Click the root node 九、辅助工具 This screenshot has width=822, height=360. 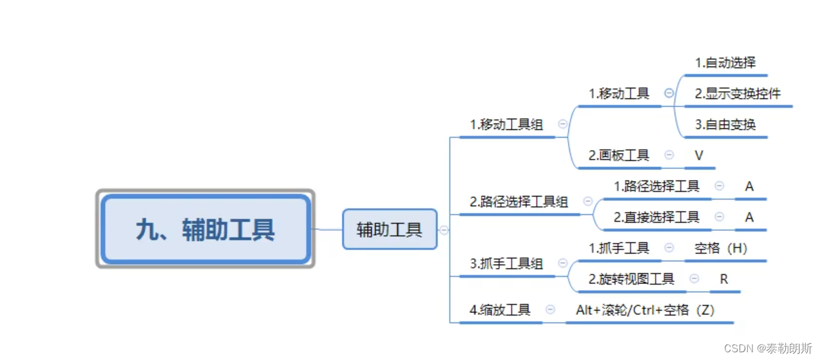click(205, 229)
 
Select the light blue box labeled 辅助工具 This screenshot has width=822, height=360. click(389, 229)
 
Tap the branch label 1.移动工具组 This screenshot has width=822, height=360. click(506, 124)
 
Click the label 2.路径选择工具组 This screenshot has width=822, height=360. click(519, 202)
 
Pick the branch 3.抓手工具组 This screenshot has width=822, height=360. click(506, 263)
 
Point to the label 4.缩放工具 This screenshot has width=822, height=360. click(500, 310)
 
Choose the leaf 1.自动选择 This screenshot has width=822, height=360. click(725, 62)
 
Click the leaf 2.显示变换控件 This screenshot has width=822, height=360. click(738, 93)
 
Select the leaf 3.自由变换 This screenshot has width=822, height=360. click(725, 124)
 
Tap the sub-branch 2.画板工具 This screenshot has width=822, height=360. click(619, 155)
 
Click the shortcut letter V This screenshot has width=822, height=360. click(699, 155)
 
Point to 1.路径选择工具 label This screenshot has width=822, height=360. click(656, 186)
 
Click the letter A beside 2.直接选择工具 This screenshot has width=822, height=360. click(749, 217)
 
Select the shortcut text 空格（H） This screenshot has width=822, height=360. click(721, 248)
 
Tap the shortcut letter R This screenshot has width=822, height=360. click(724, 279)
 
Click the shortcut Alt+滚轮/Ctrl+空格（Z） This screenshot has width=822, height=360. click(645, 310)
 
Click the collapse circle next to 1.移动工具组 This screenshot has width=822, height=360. click(562, 124)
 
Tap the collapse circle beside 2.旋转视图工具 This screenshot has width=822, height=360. click(694, 279)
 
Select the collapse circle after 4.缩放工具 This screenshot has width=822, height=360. click(550, 310)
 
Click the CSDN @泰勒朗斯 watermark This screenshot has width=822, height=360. click(768, 348)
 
